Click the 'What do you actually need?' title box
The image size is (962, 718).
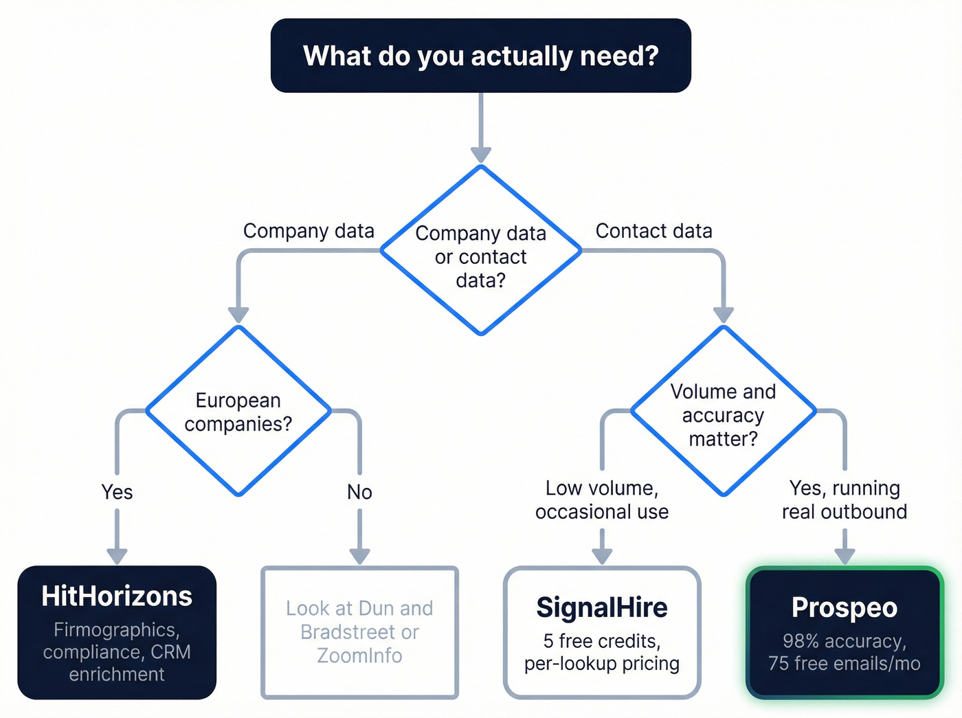pyautogui.click(x=480, y=56)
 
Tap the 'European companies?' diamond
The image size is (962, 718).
pyautogui.click(x=238, y=412)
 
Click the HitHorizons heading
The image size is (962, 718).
pyautogui.click(x=117, y=596)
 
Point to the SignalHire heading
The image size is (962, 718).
pyautogui.click(x=602, y=608)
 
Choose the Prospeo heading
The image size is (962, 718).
pyautogui.click(x=844, y=608)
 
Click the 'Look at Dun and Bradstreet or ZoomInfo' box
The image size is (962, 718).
pyautogui.click(x=359, y=632)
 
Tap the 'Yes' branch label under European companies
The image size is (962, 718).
pyautogui.click(x=117, y=492)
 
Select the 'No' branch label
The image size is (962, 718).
pyautogui.click(x=359, y=492)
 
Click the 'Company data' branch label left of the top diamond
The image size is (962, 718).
pyautogui.click(x=309, y=231)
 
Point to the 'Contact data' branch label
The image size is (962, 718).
pyautogui.click(x=653, y=231)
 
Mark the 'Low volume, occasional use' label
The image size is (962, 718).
pyautogui.click(x=602, y=500)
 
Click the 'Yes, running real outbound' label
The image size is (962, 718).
pyautogui.click(x=844, y=500)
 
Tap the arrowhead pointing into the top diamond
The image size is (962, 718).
pyautogui.click(x=481, y=155)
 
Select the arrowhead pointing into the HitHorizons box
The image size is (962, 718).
pyautogui.click(x=117, y=556)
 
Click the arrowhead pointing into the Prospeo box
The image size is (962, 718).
pyautogui.click(x=844, y=556)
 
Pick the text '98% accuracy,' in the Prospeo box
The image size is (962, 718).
pyautogui.click(x=844, y=641)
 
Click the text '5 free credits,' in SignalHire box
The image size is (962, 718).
pyautogui.click(x=602, y=641)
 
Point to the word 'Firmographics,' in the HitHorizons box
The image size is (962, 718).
pyautogui.click(x=117, y=630)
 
